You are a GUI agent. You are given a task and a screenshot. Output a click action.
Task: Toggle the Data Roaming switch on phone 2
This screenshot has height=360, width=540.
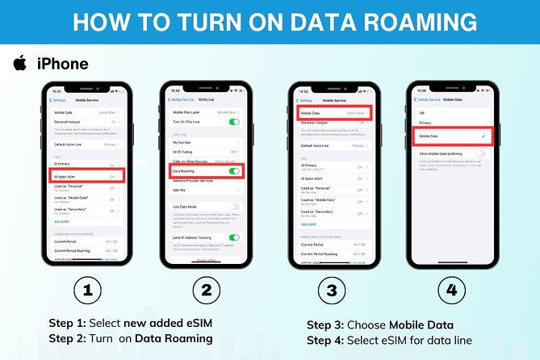(x=234, y=172)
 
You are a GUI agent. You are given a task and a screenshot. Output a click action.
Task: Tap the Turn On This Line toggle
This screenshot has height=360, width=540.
(x=234, y=121)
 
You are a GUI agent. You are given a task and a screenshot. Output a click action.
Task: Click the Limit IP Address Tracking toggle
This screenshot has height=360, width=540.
(x=234, y=237)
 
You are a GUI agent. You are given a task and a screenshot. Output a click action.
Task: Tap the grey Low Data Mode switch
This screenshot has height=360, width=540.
(x=234, y=207)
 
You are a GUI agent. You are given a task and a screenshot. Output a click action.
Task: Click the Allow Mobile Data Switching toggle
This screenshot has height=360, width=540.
(x=481, y=152)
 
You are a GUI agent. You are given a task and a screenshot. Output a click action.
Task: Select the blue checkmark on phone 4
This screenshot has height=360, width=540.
(x=482, y=136)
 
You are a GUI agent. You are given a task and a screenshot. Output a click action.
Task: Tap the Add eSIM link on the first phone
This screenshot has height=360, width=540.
(x=61, y=221)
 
